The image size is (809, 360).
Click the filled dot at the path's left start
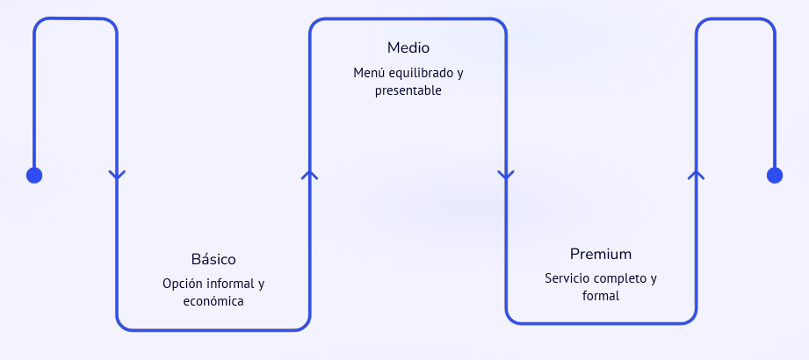[34, 176]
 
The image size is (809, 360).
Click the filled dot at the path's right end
[775, 176]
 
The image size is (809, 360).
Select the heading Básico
[213, 260]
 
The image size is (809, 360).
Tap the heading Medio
[408, 47]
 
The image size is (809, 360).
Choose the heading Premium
[601, 255]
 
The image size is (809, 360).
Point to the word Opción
[183, 284]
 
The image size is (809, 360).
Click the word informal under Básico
[231, 284]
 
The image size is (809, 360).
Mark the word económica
[213, 301]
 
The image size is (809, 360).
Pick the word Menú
[369, 72]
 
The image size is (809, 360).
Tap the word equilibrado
[421, 72]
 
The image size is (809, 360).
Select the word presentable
[408, 90]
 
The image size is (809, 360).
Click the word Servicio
[567, 278]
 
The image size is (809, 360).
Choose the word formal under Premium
[601, 296]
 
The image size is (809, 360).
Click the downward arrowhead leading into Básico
[117, 175]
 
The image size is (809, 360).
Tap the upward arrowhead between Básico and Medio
[309, 174]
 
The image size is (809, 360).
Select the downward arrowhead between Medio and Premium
[505, 175]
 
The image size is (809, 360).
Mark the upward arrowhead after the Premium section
[697, 174]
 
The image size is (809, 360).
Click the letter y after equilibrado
[460, 73]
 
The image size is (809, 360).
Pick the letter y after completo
[654, 279]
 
